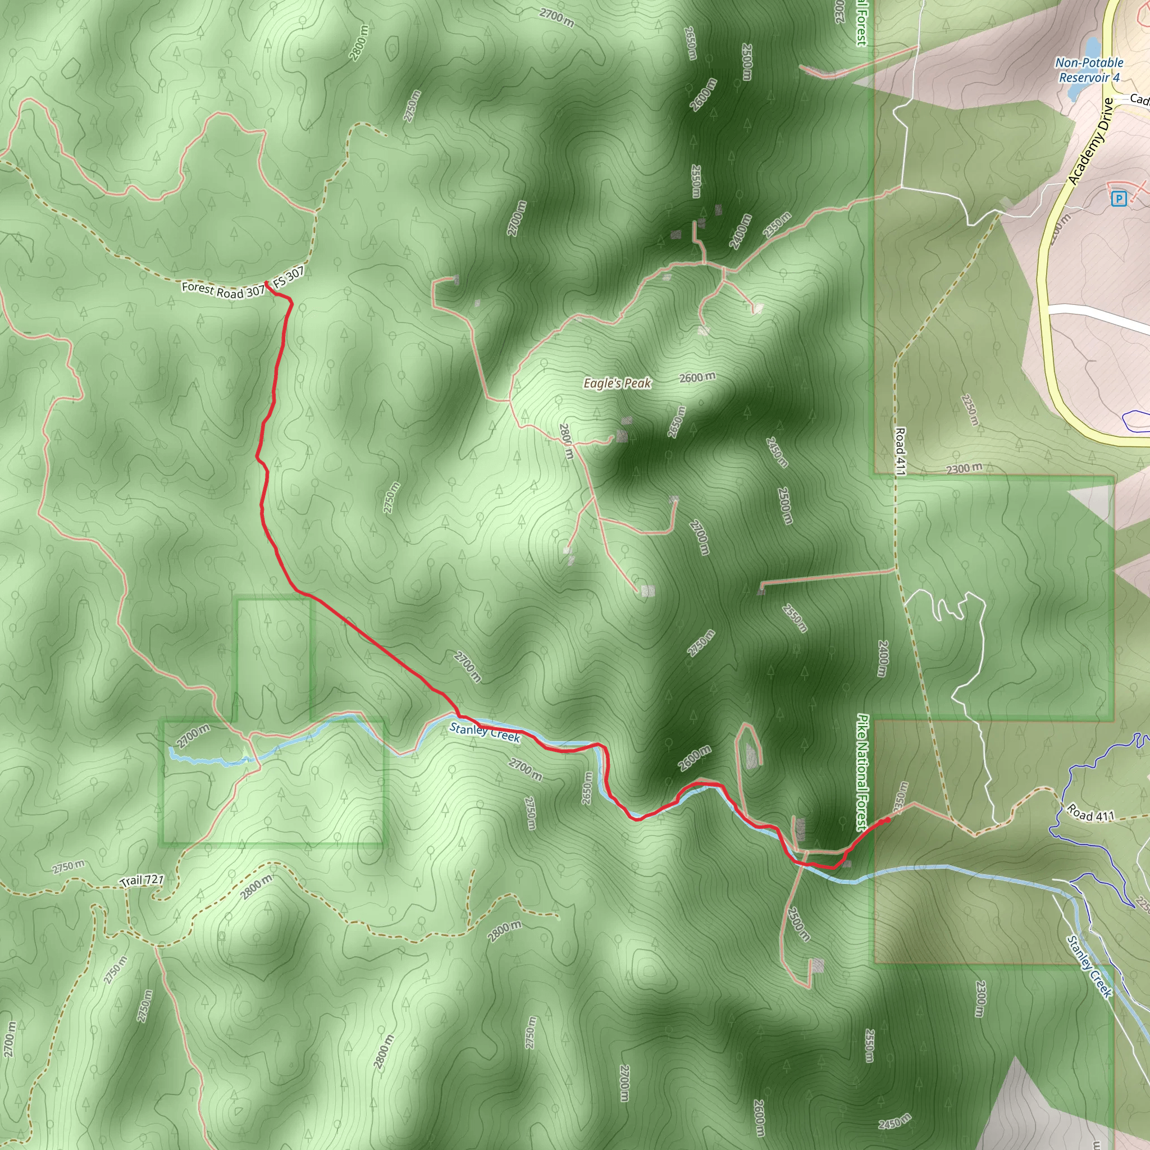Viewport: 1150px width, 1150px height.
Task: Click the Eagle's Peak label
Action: tap(617, 384)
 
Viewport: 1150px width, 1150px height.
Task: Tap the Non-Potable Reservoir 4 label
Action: tap(1089, 70)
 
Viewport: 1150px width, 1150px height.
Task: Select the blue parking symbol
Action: tap(1119, 199)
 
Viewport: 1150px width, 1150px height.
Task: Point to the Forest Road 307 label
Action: tap(222, 290)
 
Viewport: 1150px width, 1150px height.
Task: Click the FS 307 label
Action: tap(289, 277)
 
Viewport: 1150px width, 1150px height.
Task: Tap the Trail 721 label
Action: tap(142, 880)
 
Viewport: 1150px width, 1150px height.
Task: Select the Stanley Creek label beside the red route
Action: tap(485, 732)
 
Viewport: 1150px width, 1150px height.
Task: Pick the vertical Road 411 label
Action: tap(900, 451)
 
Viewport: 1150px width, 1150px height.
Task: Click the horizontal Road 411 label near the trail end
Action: tap(1090, 813)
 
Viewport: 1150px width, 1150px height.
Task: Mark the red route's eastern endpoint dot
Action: tap(888, 820)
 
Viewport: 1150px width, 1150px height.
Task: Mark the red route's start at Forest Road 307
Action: tap(266, 284)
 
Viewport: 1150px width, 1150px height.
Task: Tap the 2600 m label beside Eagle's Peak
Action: tap(697, 377)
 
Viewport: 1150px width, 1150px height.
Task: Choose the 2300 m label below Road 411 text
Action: tap(964, 468)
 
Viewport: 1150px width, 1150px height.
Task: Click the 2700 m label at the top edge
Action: tap(557, 18)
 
